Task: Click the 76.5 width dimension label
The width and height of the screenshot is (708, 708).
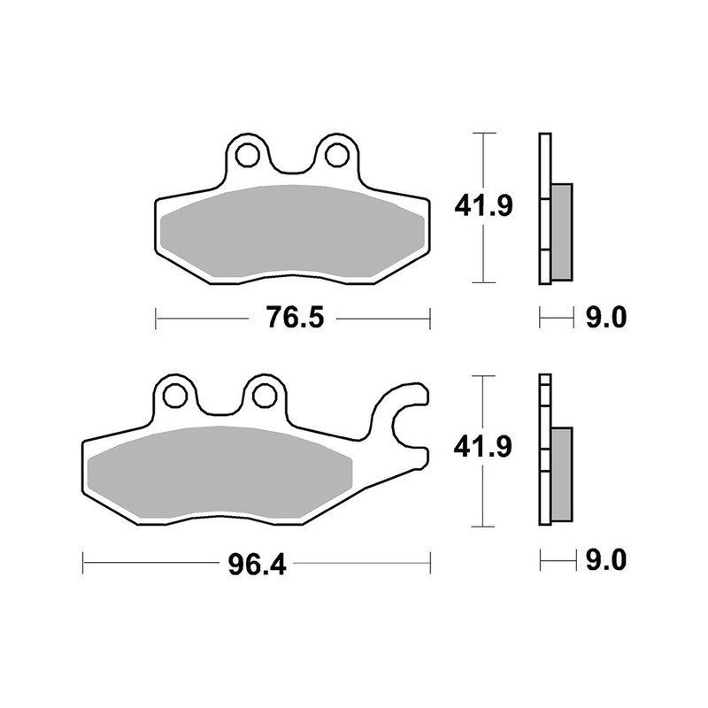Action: [292, 316]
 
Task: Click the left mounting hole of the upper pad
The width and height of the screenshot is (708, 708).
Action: [247, 154]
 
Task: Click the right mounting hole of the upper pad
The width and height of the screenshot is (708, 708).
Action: [335, 154]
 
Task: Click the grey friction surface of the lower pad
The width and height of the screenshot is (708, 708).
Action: [221, 473]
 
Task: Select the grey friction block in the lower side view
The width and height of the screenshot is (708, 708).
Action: [562, 473]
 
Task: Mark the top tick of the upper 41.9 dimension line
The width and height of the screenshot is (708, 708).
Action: [481, 133]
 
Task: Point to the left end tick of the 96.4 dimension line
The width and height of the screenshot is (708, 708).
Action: [83, 560]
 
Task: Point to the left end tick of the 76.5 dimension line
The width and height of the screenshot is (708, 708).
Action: [156, 316]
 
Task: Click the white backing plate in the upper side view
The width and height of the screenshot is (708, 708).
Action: [544, 159]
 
